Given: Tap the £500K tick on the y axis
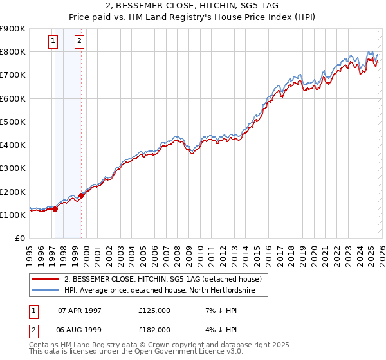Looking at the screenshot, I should [x=13, y=122].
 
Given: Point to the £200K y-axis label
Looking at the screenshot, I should [x=13, y=192].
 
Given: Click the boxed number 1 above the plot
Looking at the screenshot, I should [x=52, y=42].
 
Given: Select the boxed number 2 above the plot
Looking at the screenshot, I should [x=79, y=42].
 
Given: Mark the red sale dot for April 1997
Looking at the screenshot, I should [x=55, y=209].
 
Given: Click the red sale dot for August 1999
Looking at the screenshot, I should [x=82, y=195].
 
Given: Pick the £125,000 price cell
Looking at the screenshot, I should [x=154, y=310].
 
